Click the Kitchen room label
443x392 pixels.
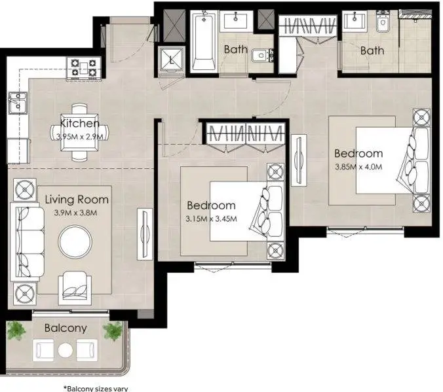pos(80,123)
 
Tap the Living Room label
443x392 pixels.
pos(77,200)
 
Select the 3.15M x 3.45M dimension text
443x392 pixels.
pos(211,219)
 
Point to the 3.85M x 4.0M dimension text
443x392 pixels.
pos(358,167)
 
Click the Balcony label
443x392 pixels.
pos(66,329)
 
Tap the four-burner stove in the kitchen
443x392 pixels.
pos(84,68)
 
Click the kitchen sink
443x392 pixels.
pos(18,103)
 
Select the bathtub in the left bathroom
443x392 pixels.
pos(204,42)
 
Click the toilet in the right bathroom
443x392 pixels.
pos(383,22)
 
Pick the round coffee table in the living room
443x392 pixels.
pos(75,241)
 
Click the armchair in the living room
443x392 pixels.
pos(75,288)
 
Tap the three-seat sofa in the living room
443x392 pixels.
pos(28,241)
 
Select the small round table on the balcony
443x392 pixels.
pos(66,350)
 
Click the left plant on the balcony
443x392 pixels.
pos(16,330)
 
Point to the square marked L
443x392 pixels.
pos(171,60)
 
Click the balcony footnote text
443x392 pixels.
pos(96,389)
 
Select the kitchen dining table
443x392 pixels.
pos(80,132)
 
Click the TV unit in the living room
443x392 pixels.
pos(145,234)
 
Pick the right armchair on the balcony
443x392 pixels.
pos(87,350)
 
